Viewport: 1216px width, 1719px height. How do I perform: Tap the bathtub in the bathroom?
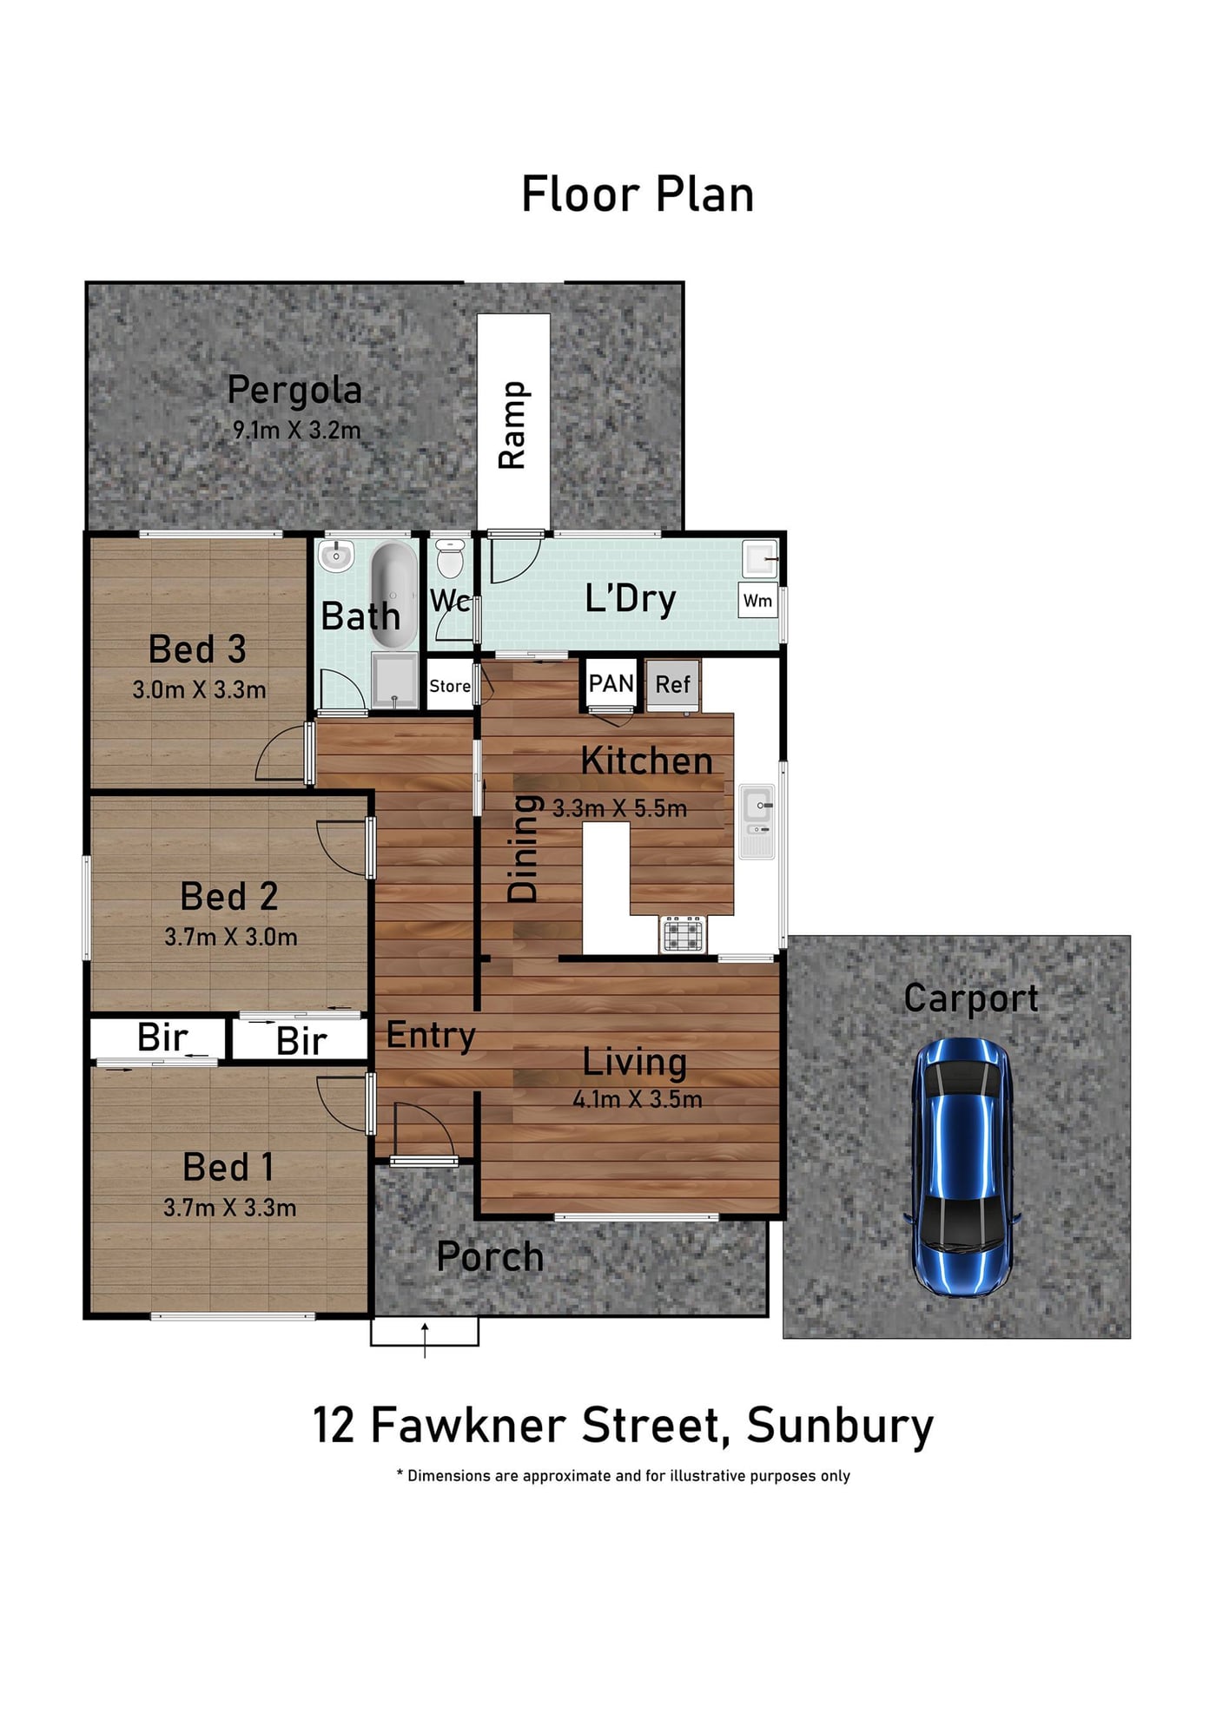[394, 595]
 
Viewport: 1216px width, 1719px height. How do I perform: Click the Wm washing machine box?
[757, 600]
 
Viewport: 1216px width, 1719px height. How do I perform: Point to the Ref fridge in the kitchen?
[672, 685]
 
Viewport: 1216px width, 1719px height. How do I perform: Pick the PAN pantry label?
[611, 684]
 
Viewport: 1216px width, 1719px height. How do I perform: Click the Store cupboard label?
[450, 686]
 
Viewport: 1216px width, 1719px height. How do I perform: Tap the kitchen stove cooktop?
[683, 934]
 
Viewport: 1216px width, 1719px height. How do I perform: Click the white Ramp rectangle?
[513, 422]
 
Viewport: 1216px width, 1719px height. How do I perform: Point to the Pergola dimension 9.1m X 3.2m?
[296, 430]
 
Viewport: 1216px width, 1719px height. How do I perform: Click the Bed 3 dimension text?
[199, 690]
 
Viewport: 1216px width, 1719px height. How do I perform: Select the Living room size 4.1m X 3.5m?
[638, 1099]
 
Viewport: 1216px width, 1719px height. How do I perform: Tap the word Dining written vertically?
[523, 849]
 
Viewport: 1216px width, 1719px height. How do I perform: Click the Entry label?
[431, 1036]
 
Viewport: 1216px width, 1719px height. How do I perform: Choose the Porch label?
[490, 1257]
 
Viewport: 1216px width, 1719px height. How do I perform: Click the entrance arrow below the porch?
[425, 1340]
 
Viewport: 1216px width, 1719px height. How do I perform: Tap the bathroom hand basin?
[336, 556]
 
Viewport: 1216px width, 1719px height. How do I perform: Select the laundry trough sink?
[759, 559]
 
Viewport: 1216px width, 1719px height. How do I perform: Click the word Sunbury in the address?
[840, 1426]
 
